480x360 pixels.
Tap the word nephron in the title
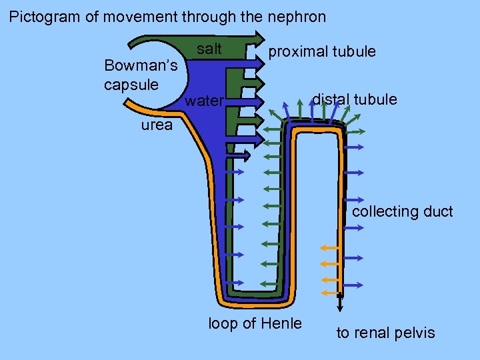pyautogui.click(x=297, y=17)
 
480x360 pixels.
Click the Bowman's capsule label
pyautogui.click(x=141, y=75)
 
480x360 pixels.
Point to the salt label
pyautogui.click(x=209, y=49)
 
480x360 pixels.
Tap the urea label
pyautogui.click(x=156, y=125)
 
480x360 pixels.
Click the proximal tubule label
pyautogui.click(x=322, y=51)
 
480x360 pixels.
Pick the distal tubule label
pyautogui.click(x=355, y=100)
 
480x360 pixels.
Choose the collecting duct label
pyautogui.click(x=402, y=212)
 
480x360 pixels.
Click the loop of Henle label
pyautogui.click(x=255, y=324)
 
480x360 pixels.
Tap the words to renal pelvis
pyautogui.click(x=385, y=333)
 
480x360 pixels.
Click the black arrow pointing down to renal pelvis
pyautogui.click(x=340, y=303)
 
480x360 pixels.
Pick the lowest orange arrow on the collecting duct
pyautogui.click(x=329, y=293)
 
